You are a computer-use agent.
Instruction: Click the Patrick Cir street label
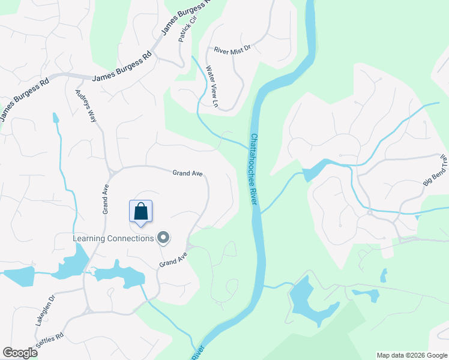(x=188, y=29)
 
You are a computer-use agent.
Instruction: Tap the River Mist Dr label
(x=231, y=50)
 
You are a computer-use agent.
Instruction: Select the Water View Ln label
(x=211, y=86)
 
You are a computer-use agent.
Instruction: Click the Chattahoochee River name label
(x=253, y=170)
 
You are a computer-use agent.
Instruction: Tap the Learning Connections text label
(x=113, y=239)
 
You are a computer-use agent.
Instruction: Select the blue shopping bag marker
(x=141, y=212)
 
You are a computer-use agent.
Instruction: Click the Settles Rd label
(x=51, y=343)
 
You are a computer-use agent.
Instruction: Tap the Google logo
(x=20, y=353)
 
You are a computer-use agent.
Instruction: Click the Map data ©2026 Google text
(x=412, y=355)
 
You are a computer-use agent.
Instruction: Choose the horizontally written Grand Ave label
(x=187, y=173)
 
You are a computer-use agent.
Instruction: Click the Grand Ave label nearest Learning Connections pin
(x=173, y=259)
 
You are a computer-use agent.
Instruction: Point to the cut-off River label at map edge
(x=199, y=353)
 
